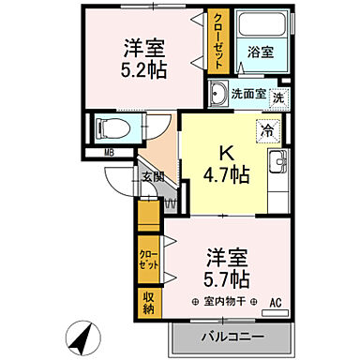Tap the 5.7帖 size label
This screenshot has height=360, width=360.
pyautogui.click(x=226, y=278)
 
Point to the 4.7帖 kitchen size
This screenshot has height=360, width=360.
pyautogui.click(x=226, y=175)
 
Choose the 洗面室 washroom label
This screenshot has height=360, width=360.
pyautogui.click(x=247, y=94)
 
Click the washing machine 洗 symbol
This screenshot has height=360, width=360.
pyautogui.click(x=278, y=97)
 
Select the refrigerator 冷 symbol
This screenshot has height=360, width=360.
pyautogui.click(x=267, y=131)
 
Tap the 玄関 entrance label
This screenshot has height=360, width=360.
pyautogui.click(x=153, y=175)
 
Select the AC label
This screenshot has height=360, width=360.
pyautogui.click(x=276, y=302)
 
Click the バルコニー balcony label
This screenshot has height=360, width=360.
pyautogui.click(x=231, y=336)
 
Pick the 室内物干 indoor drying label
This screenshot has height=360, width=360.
pyautogui.click(x=218, y=302)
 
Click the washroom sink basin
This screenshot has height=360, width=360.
pyautogui.click(x=217, y=93)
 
